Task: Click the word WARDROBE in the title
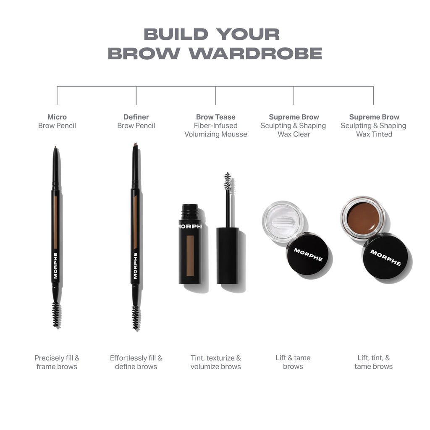coord(255,54)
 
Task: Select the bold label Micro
coord(57,117)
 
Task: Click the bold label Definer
coord(136,117)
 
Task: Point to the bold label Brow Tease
coord(215,117)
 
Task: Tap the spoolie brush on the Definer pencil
coord(136,317)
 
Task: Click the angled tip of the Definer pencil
coord(135,145)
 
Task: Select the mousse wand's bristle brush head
coord(228,181)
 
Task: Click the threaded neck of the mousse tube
coord(190,211)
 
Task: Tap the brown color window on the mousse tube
coord(190,255)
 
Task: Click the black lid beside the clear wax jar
coord(308,254)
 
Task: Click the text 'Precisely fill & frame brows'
coord(57,362)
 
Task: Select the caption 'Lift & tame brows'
coord(293,362)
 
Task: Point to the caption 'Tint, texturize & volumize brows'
coord(215,362)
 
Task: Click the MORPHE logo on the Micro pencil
coord(55,265)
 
